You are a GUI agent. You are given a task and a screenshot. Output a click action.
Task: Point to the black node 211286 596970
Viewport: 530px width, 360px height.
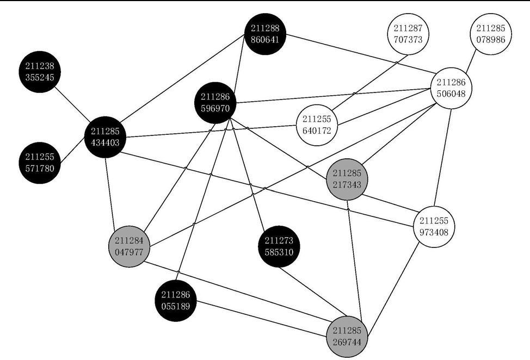pyautogui.click(x=215, y=102)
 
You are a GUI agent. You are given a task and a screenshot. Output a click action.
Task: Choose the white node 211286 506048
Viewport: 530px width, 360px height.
pyautogui.click(x=451, y=88)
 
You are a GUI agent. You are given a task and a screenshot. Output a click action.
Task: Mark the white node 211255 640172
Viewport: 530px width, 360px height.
pyautogui.click(x=317, y=125)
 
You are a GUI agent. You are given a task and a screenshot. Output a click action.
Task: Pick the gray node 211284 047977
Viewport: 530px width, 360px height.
pyautogui.click(x=128, y=246)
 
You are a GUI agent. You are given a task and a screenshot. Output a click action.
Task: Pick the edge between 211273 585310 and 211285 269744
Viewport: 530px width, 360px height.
pyautogui.click(x=312, y=290)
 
